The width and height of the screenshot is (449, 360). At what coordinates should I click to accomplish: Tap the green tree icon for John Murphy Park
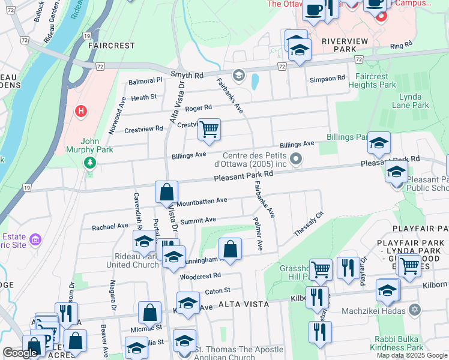coord(90,163)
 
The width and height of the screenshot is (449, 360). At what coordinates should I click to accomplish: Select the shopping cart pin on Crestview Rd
coord(209,129)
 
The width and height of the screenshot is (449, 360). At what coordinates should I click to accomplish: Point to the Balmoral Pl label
coord(145,80)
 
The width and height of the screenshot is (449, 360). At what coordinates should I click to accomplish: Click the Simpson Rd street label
coord(327,79)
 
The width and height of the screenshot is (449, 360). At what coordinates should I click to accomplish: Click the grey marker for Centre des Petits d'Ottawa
coord(295,158)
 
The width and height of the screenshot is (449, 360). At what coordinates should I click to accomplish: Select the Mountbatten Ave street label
coord(202,201)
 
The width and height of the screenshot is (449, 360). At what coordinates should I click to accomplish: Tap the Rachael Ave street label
coord(110,227)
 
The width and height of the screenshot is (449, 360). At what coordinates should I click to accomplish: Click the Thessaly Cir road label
coord(309,223)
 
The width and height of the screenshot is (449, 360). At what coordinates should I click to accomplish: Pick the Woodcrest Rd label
coord(200,275)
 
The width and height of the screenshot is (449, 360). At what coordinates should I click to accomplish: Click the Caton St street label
coord(218,291)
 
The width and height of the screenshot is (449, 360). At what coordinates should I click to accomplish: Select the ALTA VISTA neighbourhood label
coord(243,304)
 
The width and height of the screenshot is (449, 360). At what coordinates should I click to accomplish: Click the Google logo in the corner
coord(20,352)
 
